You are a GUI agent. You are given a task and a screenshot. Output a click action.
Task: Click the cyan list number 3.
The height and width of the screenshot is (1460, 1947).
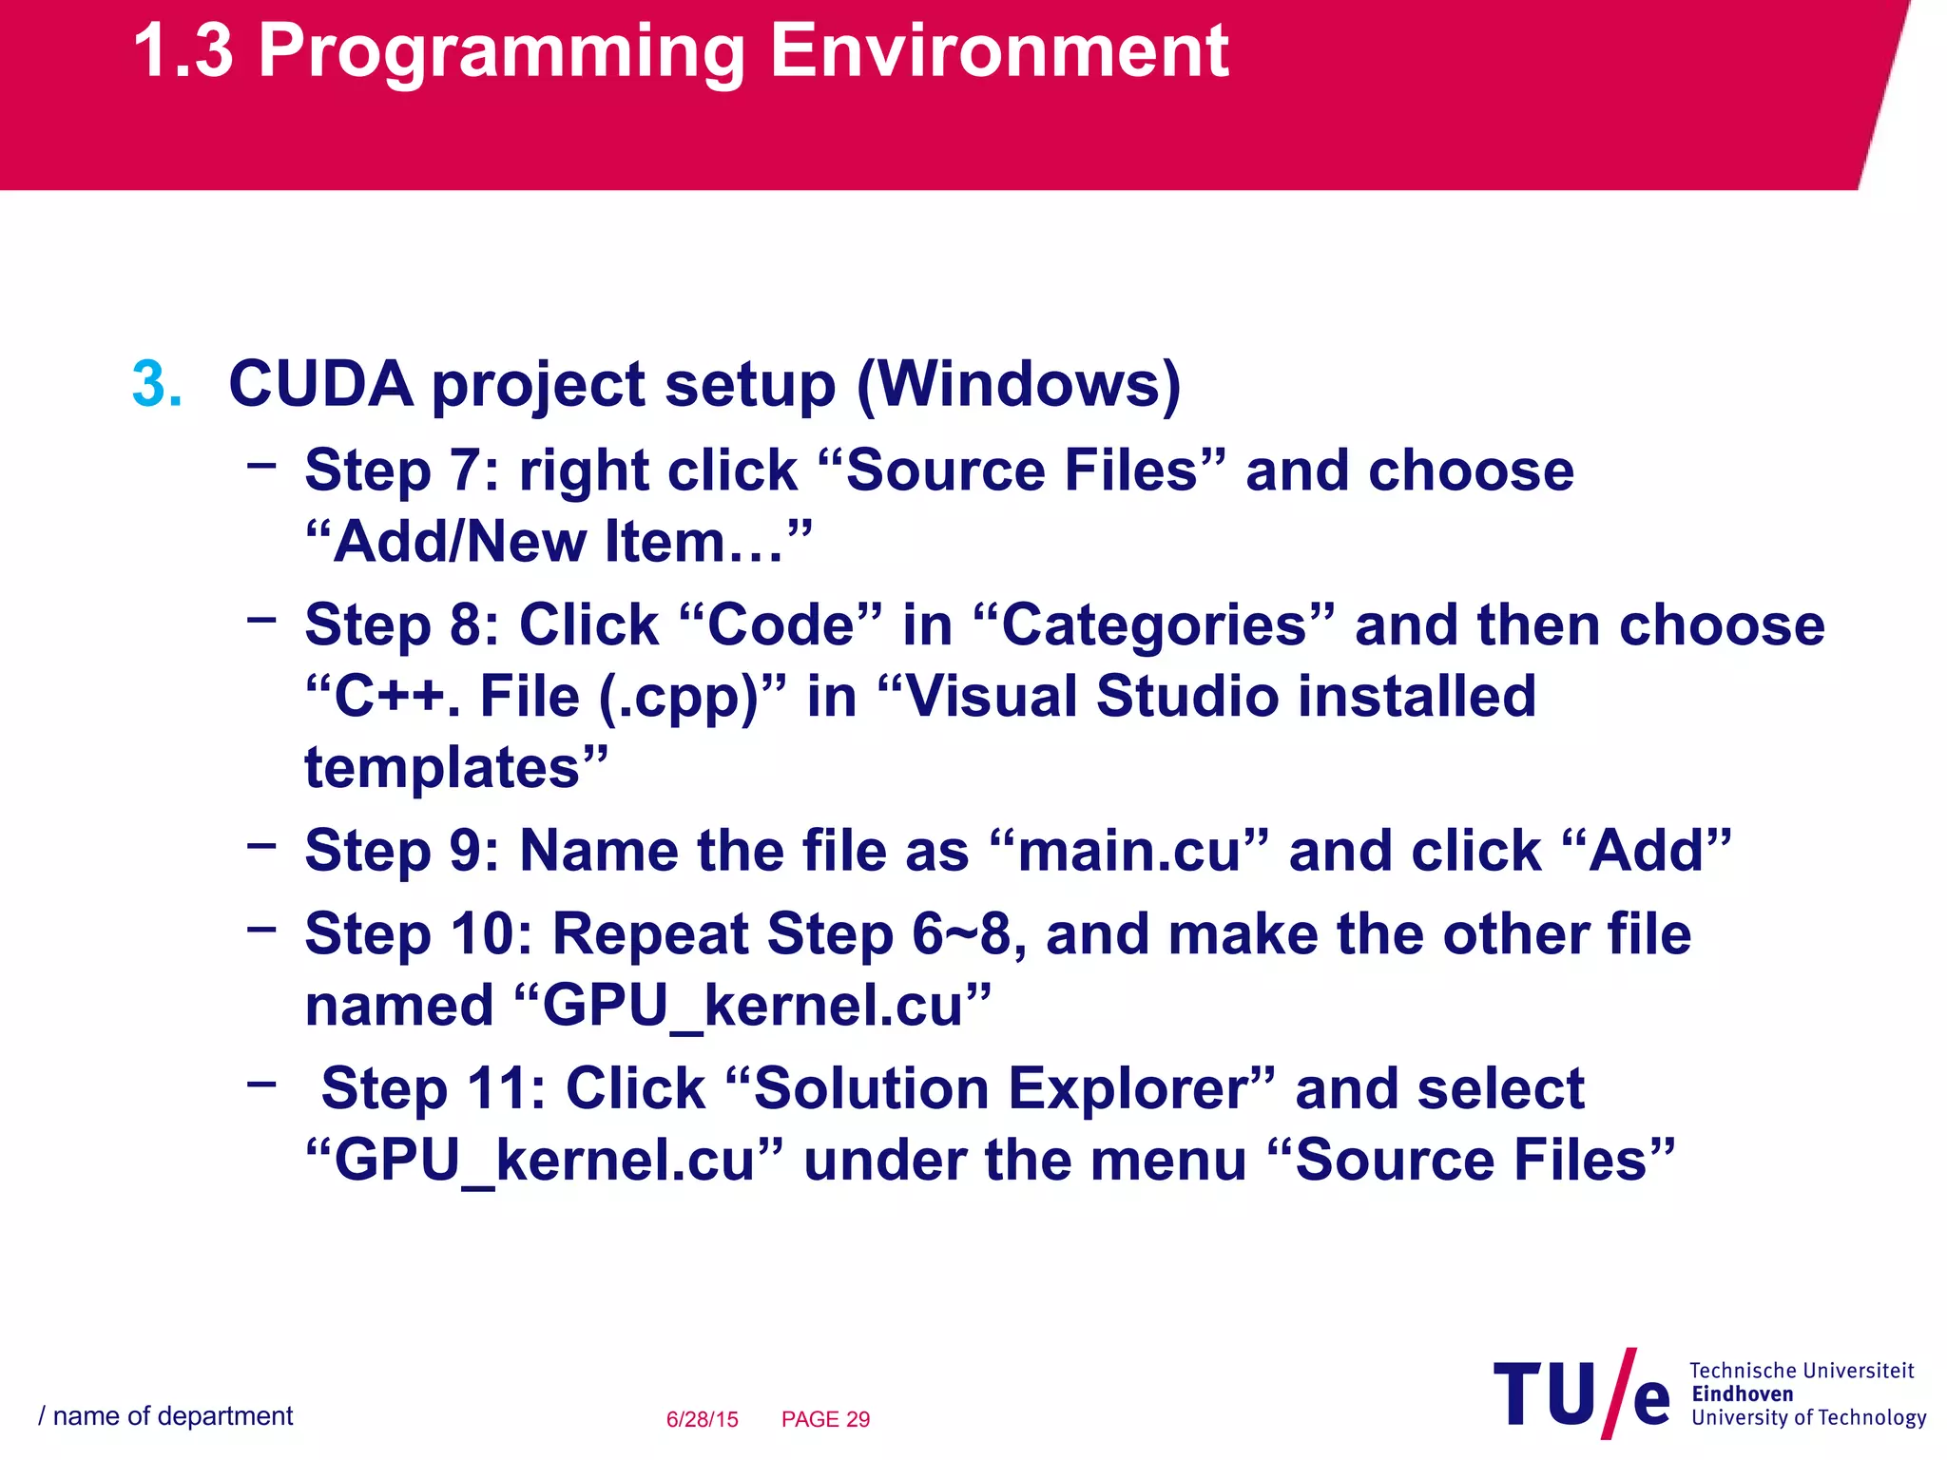pos(157,385)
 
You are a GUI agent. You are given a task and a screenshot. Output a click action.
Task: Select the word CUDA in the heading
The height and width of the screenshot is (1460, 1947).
pos(321,385)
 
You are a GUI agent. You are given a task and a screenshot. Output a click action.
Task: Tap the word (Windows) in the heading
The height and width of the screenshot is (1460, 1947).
pos(1018,385)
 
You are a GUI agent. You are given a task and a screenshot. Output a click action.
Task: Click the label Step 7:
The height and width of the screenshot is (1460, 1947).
pos(401,471)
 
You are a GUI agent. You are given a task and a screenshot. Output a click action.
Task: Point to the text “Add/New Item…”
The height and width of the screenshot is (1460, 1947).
pos(559,543)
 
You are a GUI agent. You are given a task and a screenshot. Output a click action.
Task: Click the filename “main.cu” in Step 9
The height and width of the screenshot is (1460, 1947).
pos(1128,851)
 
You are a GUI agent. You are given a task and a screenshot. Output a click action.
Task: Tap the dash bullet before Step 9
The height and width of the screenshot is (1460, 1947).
pos(261,844)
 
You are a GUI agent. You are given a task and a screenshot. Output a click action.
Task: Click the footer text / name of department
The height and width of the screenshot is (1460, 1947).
pos(165,1416)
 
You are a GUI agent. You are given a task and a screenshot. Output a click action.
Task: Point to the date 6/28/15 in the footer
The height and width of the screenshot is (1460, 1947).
pos(702,1419)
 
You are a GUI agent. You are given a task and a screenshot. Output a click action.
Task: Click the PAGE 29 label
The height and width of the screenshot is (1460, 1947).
pos(825,1419)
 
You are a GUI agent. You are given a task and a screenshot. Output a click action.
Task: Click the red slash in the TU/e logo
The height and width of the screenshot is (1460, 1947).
pos(1618,1393)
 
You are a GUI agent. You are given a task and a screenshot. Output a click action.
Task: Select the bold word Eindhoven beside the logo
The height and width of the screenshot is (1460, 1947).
pos(1742,1394)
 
